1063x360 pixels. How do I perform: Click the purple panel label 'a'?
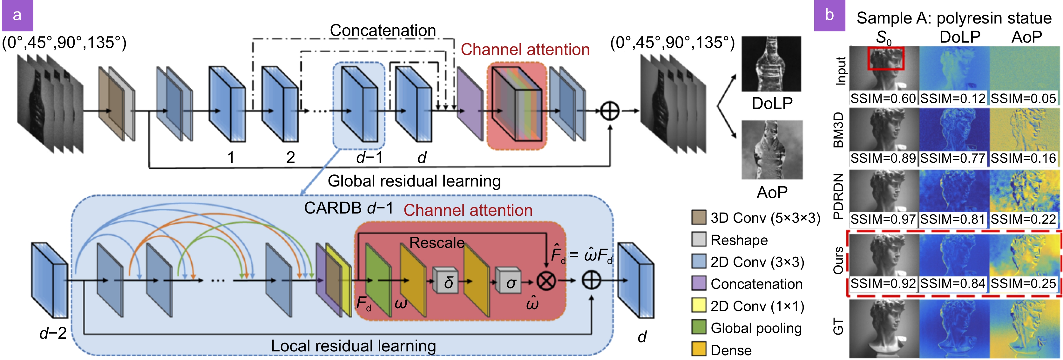click(17, 15)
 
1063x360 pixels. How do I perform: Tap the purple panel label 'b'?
click(829, 15)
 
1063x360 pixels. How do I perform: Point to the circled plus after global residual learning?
click(609, 111)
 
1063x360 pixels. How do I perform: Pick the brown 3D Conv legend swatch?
click(699, 217)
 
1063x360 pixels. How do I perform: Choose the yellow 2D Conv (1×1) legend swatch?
click(699, 305)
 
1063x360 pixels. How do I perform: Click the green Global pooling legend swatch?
click(699, 327)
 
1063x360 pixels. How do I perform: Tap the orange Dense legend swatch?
click(699, 349)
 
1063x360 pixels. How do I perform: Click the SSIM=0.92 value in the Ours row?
click(883, 284)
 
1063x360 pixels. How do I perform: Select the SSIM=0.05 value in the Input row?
click(1023, 99)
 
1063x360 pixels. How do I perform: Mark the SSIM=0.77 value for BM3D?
click(953, 158)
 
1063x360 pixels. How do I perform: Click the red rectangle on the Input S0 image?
click(885, 58)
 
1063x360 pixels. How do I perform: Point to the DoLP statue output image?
click(771, 64)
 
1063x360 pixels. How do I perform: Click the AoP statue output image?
click(772, 149)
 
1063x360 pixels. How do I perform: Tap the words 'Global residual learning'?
click(414, 181)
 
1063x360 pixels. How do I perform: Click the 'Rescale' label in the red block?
click(437, 242)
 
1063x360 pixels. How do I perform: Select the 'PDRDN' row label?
click(838, 196)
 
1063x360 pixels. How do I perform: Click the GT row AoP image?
click(1025, 328)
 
